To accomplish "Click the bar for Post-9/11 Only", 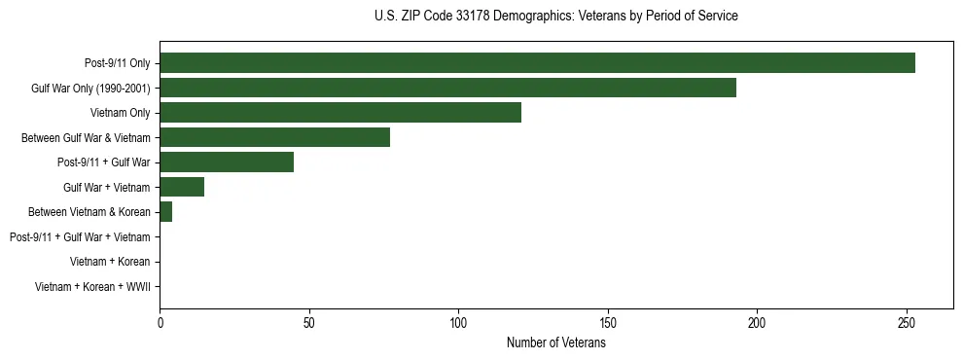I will pos(537,62).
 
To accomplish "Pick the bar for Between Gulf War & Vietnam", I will pos(274,137).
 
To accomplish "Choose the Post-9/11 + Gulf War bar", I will pos(227,162).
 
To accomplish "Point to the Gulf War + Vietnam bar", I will pos(182,187).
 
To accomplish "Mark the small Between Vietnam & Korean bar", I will pos(165,212).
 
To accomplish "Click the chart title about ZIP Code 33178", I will pos(555,17).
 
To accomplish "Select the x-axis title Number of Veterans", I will pos(555,343).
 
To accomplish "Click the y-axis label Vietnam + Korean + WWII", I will pos(92,287).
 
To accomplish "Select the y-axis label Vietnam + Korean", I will pos(110,262).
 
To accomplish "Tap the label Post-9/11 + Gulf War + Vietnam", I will pos(80,237).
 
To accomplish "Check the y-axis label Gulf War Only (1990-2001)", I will pos(90,89).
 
